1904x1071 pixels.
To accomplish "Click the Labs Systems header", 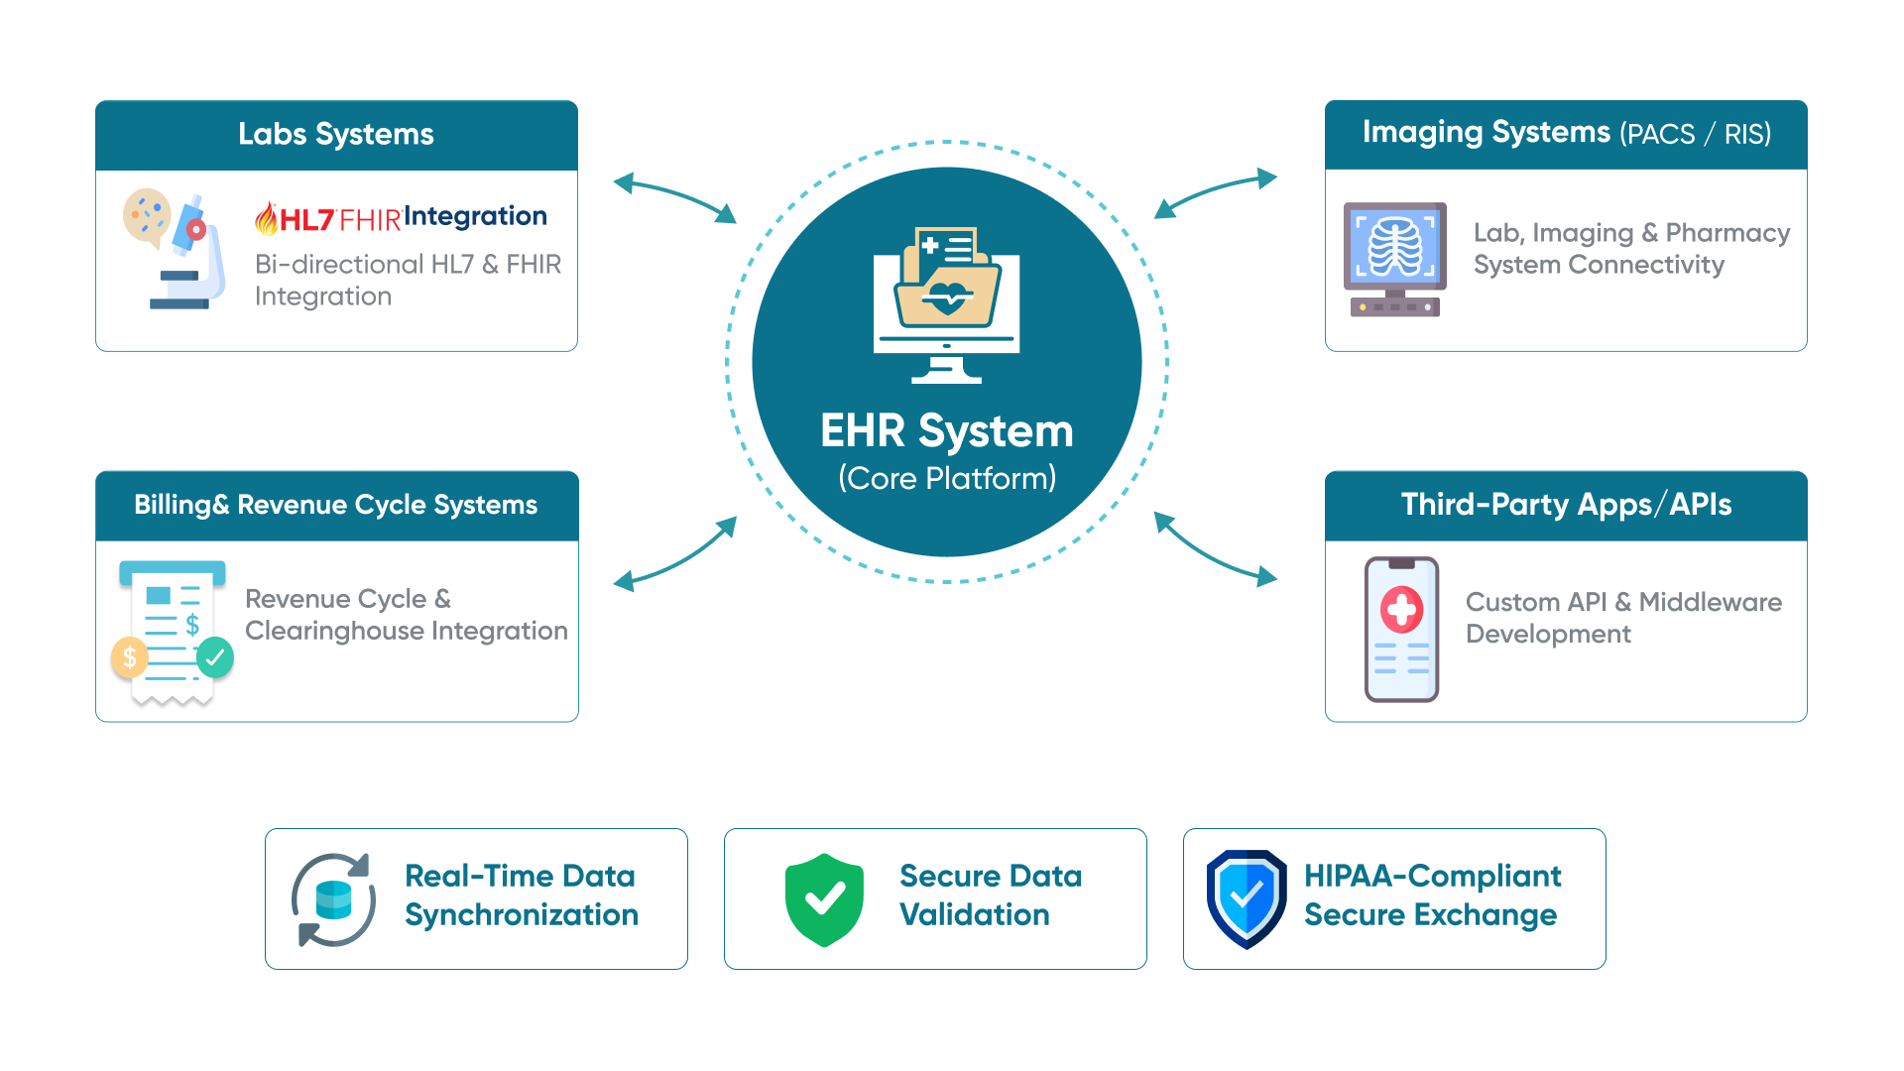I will (x=336, y=135).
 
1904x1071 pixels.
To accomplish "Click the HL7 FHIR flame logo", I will (x=266, y=219).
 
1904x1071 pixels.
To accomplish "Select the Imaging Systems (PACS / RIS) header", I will (x=1566, y=134).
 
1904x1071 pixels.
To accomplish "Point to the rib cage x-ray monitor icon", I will (x=1394, y=259).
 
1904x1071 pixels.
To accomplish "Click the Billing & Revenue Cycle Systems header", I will (x=336, y=506).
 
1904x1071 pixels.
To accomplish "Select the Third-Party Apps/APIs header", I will (x=1566, y=505).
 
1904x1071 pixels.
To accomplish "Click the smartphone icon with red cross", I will (x=1401, y=629).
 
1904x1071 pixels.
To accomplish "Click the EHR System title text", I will (x=947, y=431).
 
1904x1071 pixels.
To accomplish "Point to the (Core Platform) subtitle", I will (x=947, y=479).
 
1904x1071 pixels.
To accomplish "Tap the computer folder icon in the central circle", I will (x=947, y=303).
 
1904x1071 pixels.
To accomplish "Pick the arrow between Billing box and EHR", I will (x=674, y=555).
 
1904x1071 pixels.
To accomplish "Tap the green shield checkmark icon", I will (x=824, y=899).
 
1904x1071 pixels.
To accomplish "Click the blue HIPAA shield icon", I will (x=1247, y=898).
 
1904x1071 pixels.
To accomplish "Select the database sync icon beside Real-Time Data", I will (x=333, y=899).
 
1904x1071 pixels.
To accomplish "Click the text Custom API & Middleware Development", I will (x=1623, y=618).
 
